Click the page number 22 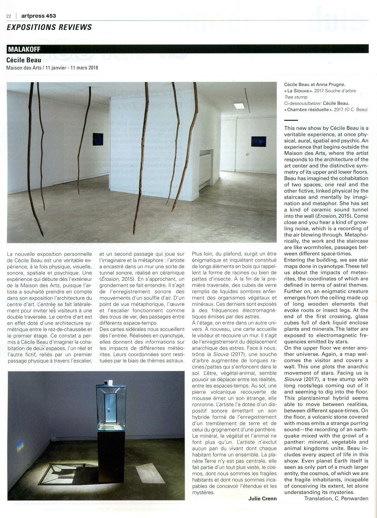click(x=9, y=16)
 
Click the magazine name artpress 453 click(x=38, y=16)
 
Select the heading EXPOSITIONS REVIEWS click(x=49, y=27)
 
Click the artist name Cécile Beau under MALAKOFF click(x=24, y=60)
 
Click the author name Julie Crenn click(x=262, y=499)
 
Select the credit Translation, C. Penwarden click(x=336, y=499)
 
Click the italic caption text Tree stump click(x=296, y=97)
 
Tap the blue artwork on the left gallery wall click(x=98, y=139)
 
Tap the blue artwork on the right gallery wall click(x=258, y=142)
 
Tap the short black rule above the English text click(x=291, y=120)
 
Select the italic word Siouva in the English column click(x=293, y=379)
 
